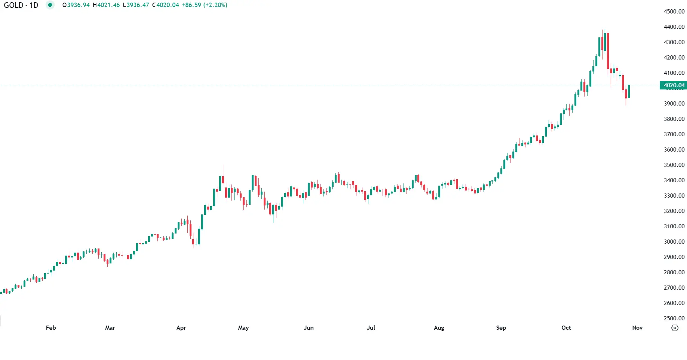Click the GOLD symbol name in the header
coord(13,5)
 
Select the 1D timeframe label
coord(34,5)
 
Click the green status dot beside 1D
coord(50,5)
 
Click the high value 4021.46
coord(108,5)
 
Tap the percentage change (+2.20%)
coord(215,5)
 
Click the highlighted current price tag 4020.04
coord(674,85)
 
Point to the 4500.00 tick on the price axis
coord(674,12)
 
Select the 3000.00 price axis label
coord(674,242)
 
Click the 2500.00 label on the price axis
coord(674,318)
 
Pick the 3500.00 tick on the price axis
coord(674,165)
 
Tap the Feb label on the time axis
coord(51,328)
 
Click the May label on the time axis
coord(243,328)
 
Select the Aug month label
coord(439,328)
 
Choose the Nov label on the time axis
coord(637,328)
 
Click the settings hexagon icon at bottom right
coord(675,328)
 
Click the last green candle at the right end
coord(629,92)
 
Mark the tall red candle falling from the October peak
coord(608,51)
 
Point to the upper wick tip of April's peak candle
coord(223,165)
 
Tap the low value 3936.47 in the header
coord(138,5)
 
